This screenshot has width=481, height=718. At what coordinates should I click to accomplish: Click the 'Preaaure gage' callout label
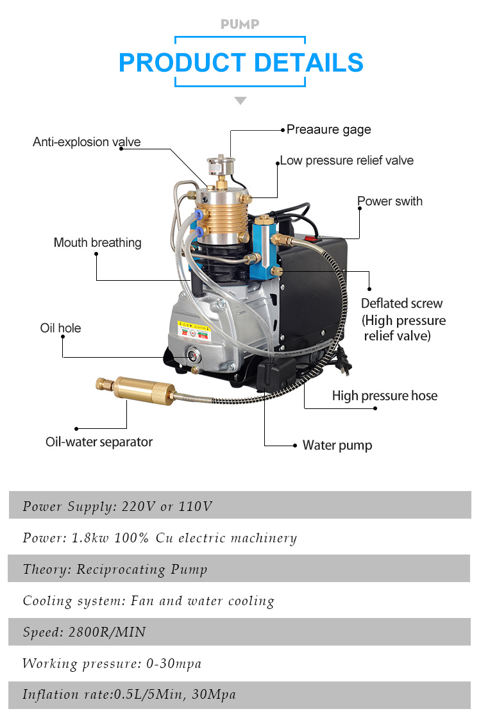pyautogui.click(x=328, y=129)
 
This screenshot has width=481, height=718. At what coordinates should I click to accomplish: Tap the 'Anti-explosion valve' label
pyautogui.click(x=87, y=142)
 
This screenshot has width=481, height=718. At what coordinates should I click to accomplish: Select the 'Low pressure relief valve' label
pyautogui.click(x=347, y=160)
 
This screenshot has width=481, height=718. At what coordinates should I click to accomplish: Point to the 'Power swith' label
pyautogui.click(x=390, y=201)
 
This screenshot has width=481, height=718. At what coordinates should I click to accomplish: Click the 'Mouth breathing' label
pyautogui.click(x=97, y=242)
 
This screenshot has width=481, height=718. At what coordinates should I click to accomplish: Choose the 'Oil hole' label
pyautogui.click(x=60, y=328)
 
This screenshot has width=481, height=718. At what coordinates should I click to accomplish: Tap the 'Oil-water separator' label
pyautogui.click(x=99, y=442)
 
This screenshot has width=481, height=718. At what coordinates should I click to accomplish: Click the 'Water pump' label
pyautogui.click(x=337, y=445)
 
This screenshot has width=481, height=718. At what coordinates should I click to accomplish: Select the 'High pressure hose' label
pyautogui.click(x=385, y=396)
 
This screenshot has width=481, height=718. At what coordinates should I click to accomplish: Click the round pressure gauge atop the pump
pyautogui.click(x=221, y=164)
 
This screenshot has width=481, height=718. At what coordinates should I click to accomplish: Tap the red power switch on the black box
pyautogui.click(x=314, y=238)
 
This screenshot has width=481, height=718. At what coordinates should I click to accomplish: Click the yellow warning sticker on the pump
pyautogui.click(x=194, y=330)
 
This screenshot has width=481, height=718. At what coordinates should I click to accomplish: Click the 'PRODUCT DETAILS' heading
pyautogui.click(x=241, y=62)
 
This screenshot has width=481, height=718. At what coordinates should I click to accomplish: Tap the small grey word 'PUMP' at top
pyautogui.click(x=240, y=24)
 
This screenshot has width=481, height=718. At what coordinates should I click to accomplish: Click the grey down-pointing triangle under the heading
pyautogui.click(x=240, y=101)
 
